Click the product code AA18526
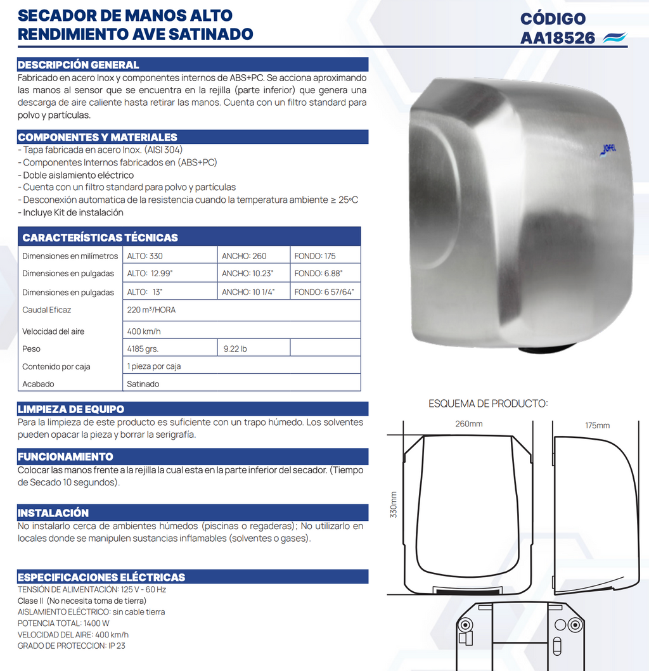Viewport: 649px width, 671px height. click(x=558, y=38)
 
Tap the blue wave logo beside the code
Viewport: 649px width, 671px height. click(x=614, y=37)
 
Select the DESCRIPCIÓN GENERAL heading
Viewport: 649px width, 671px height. click(x=78, y=65)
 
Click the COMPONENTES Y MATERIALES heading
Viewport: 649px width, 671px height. click(x=98, y=137)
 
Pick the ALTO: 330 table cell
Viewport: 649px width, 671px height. click(x=145, y=256)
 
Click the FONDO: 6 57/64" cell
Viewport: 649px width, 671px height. click(x=324, y=292)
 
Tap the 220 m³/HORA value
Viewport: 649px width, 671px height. click(x=151, y=310)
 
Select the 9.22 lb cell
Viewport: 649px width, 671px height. click(x=235, y=348)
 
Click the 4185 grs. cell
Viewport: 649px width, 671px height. click(x=143, y=348)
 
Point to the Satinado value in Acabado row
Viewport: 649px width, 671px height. click(x=143, y=384)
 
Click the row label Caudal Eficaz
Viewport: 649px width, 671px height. click(x=46, y=310)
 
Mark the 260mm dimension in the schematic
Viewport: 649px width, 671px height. click(x=468, y=424)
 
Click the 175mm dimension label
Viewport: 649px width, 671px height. click(x=597, y=425)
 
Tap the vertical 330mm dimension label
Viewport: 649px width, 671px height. click(x=394, y=504)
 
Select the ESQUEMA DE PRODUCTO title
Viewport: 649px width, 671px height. click(x=488, y=403)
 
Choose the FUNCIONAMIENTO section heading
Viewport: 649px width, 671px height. click(x=65, y=456)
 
